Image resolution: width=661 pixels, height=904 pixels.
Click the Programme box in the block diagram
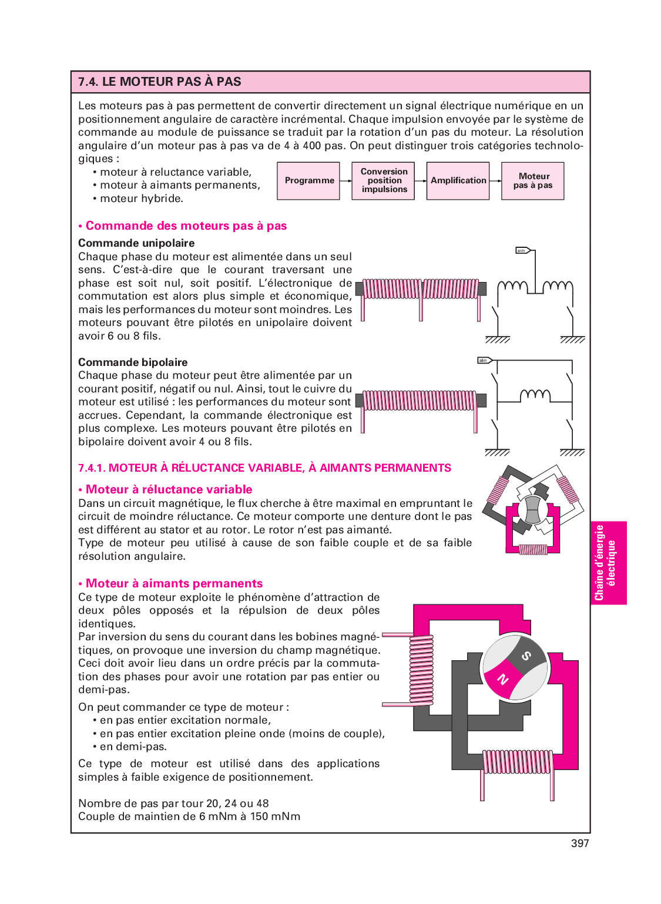click(x=308, y=181)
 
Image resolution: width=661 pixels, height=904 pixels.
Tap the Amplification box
click(x=458, y=181)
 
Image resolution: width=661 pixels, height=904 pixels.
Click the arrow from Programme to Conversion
click(x=346, y=181)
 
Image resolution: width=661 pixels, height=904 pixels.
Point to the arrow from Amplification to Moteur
click(x=495, y=181)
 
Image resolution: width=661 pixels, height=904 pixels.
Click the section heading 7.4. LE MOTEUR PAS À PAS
click(x=160, y=82)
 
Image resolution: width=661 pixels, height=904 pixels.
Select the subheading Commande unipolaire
click(x=136, y=243)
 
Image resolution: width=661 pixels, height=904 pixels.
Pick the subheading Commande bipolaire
click(x=133, y=362)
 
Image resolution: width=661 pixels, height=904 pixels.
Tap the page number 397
click(x=579, y=843)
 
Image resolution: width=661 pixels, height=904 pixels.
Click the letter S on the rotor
click(x=526, y=656)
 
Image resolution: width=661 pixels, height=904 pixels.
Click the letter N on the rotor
click(x=503, y=680)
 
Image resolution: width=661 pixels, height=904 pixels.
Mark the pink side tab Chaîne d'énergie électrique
click(x=608, y=563)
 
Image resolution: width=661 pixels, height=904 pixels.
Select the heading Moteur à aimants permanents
click(x=174, y=583)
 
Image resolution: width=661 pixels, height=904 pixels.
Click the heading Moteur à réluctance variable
click(x=169, y=489)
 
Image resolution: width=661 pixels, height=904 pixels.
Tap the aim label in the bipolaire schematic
click(x=484, y=360)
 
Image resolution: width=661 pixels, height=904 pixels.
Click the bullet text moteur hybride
click(x=141, y=199)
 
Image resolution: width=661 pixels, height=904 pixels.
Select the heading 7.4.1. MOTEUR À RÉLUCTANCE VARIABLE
click(x=264, y=468)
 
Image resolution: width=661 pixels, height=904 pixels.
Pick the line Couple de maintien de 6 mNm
click(x=189, y=816)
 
